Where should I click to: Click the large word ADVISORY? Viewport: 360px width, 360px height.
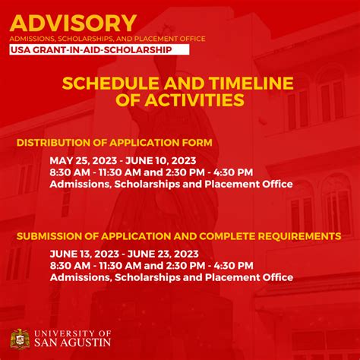(74, 22)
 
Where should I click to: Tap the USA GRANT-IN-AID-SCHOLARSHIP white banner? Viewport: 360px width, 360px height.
(90, 50)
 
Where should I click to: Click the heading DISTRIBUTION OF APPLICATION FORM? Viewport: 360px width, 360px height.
(115, 143)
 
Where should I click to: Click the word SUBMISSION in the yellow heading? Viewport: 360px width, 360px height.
(51, 236)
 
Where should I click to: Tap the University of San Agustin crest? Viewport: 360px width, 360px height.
(21, 339)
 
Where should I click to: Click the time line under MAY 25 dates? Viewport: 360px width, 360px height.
(152, 172)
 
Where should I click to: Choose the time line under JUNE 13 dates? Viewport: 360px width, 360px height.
(152, 265)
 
